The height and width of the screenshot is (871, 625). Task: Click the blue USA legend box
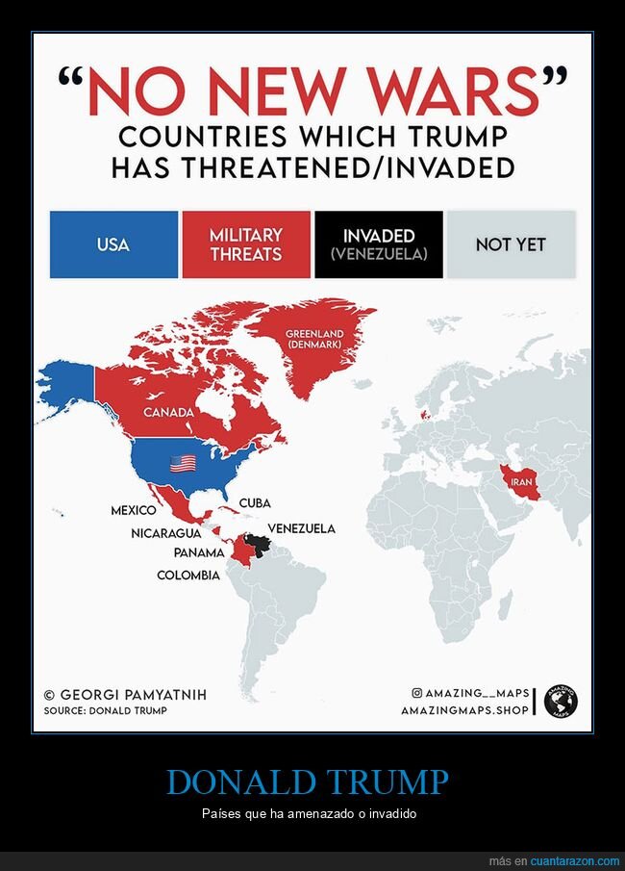(x=113, y=244)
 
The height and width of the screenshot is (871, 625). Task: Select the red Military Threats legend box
(x=246, y=244)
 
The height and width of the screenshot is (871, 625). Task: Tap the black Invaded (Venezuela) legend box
(x=379, y=244)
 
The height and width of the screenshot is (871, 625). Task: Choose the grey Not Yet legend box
(x=511, y=244)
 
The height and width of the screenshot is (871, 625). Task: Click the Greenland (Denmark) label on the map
(x=314, y=339)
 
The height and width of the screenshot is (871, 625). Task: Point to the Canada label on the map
(x=169, y=412)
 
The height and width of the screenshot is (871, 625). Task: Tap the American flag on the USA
(x=183, y=464)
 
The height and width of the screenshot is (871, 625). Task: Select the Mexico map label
(x=134, y=510)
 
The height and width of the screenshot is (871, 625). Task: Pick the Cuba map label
(x=255, y=503)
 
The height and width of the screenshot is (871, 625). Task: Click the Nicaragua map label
(x=166, y=533)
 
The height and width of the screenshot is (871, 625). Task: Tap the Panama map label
(x=199, y=553)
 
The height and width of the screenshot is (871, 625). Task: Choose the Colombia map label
(x=188, y=576)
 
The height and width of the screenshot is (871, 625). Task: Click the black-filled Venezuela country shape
(x=257, y=547)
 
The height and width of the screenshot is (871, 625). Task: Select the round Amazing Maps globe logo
(x=561, y=701)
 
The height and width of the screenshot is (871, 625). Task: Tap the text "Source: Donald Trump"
(x=105, y=711)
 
